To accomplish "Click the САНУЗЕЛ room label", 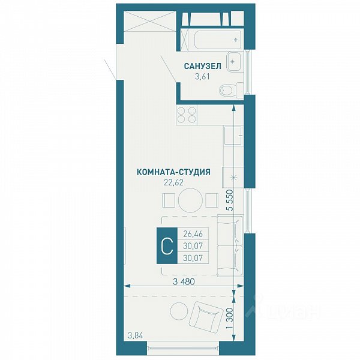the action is pyautogui.click(x=203, y=66).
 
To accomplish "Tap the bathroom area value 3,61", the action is pyautogui.click(x=202, y=76).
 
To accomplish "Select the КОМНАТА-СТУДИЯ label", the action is pyautogui.click(x=173, y=172).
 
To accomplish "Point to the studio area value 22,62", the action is pyautogui.click(x=173, y=182).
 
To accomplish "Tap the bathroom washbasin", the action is pyautogui.click(x=234, y=62).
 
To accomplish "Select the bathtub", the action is pyautogui.click(x=217, y=40).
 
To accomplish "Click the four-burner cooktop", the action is pyautogui.click(x=187, y=115).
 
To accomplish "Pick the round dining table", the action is pyautogui.click(x=190, y=200).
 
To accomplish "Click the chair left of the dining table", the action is pyautogui.click(x=169, y=200).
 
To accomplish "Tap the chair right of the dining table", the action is pyautogui.click(x=212, y=200).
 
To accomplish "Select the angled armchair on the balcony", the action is pyautogui.click(x=206, y=317).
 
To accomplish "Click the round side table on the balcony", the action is pyautogui.click(x=179, y=311).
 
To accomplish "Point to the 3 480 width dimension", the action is pyautogui.click(x=184, y=282).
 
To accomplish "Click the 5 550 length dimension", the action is pyautogui.click(x=229, y=200).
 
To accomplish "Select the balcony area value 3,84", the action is pyautogui.click(x=135, y=336).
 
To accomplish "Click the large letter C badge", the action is pyautogui.click(x=167, y=245).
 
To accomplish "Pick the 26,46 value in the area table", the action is pyautogui.click(x=193, y=234).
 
